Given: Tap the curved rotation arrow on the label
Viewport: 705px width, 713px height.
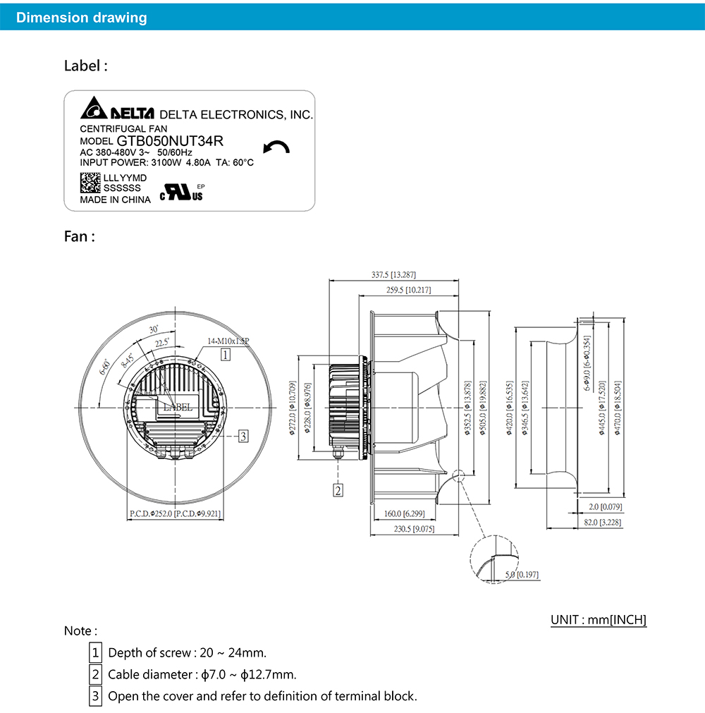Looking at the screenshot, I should coord(276,147).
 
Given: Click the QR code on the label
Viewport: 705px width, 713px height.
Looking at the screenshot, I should coord(90,183).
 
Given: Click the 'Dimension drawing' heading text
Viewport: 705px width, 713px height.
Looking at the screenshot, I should coord(82,18).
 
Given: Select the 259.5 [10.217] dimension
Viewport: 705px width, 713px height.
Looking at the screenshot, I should coord(408,290).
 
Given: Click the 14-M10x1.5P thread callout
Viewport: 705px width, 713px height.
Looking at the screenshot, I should coord(229,341).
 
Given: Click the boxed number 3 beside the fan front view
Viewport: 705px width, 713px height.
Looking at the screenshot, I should coord(242,436).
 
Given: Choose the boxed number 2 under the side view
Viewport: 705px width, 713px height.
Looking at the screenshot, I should coord(338,489).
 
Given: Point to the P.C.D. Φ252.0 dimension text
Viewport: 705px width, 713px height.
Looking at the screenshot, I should coord(175,514).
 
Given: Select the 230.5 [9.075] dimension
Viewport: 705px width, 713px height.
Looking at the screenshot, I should coord(413,528).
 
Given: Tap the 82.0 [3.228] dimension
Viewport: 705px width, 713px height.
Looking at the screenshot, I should coord(600,523).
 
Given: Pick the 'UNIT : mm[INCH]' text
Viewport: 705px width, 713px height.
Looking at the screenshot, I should coord(599,620).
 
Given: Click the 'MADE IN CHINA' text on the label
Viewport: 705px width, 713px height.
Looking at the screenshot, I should coord(115,200).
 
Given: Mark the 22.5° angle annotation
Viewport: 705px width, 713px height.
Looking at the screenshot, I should coord(162,343).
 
